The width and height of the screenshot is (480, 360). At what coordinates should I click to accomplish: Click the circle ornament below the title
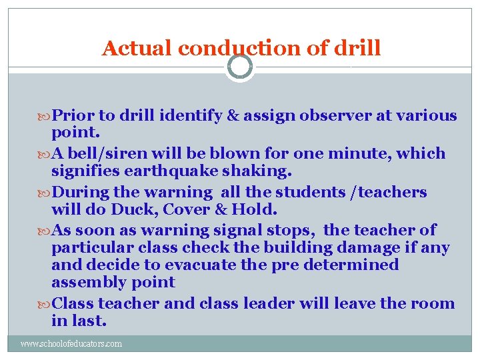point(240,66)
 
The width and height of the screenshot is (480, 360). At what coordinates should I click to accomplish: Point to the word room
point(433,303)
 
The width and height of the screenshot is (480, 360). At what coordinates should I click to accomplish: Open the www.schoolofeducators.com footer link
point(71,344)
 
